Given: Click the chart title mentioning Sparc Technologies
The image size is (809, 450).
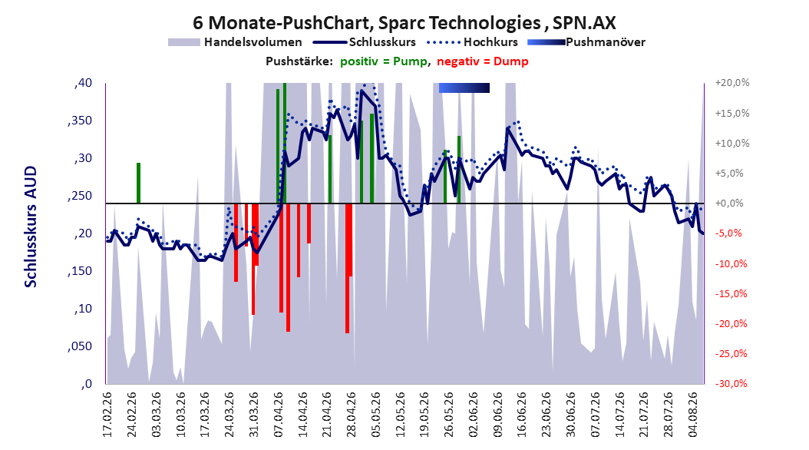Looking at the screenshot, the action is coord(404,23).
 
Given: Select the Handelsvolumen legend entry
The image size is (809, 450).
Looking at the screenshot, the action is coord(236,42).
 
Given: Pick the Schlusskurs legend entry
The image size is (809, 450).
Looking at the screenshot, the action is coord(364,42).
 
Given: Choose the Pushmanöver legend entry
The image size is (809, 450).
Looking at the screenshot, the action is coord(586,42).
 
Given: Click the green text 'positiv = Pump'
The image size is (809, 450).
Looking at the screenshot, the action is coord(384,61).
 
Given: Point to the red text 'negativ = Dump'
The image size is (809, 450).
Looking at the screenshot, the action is coord(483,61).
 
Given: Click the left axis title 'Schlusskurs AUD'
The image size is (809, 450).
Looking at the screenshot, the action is coord(31,227).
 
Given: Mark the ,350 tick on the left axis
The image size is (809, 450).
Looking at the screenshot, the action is coord(80,121).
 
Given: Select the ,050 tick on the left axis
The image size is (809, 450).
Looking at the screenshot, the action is coord(80,346).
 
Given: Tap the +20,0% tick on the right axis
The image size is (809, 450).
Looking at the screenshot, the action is coord(732,83).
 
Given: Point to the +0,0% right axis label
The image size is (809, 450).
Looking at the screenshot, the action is coord(729,203).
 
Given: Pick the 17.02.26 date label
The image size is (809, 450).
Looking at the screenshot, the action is coord(107,415).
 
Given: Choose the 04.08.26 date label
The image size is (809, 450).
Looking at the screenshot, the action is coord(693,415).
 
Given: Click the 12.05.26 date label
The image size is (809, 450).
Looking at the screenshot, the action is coord(401,415).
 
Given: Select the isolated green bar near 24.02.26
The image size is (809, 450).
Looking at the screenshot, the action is coord(138,184).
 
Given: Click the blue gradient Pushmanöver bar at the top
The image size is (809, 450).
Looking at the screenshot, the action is coord(464,88).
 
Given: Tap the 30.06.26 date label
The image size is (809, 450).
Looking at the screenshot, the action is coord(571,415).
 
